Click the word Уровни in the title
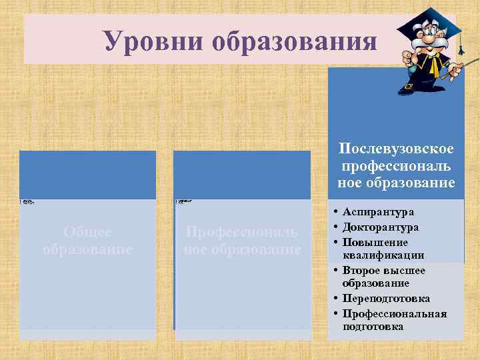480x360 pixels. click(x=151, y=41)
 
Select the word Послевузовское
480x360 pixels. click(x=396, y=148)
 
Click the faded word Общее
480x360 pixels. click(x=87, y=232)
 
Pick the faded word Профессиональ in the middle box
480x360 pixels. click(x=241, y=232)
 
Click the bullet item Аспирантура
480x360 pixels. click(x=378, y=212)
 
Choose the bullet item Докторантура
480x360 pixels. click(x=381, y=227)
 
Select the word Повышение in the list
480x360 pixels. click(x=375, y=242)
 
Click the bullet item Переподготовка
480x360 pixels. click(x=386, y=299)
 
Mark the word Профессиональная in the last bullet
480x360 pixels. click(x=395, y=313)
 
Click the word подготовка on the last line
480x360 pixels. click(x=373, y=327)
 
